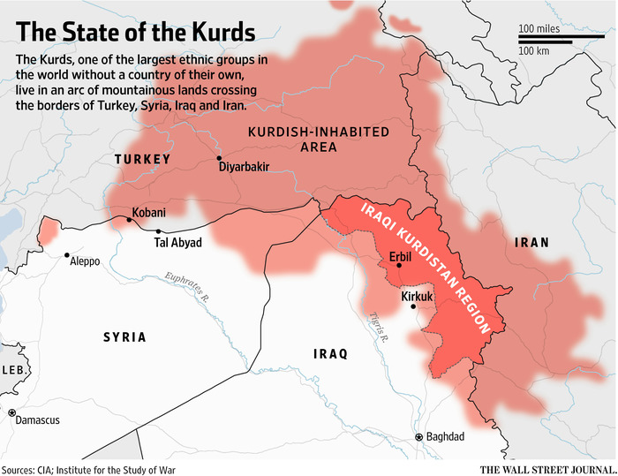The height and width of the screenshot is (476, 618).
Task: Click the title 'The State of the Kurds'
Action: click(x=137, y=33)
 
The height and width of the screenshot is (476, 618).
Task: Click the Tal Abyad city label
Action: click(x=178, y=242)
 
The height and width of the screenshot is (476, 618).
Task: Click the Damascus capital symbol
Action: click(x=12, y=412)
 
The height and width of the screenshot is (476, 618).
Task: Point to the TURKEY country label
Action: click(x=142, y=159)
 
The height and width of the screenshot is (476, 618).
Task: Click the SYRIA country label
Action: click(x=124, y=337)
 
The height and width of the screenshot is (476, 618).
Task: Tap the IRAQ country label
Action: click(x=330, y=354)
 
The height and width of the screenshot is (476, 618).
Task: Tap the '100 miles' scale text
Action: click(x=539, y=29)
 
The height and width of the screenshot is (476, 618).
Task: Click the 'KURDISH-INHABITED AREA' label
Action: click(x=319, y=140)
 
